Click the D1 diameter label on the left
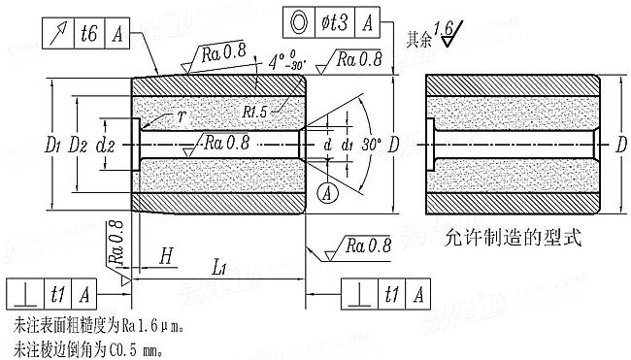(x=54, y=146)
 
